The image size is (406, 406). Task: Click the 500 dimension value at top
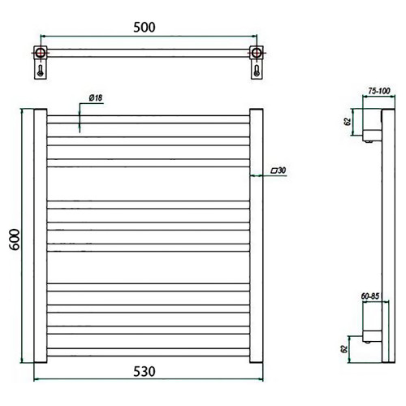pyautogui.click(x=145, y=28)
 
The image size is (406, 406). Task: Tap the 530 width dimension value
pyautogui.click(x=145, y=371)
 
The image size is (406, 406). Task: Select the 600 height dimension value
pyautogui.click(x=15, y=240)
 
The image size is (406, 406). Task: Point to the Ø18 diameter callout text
pyautogui.click(x=96, y=97)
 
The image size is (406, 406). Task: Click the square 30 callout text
pyautogui.click(x=279, y=171)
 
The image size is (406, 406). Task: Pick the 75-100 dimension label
pyautogui.click(x=379, y=91)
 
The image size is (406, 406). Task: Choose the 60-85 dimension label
pyautogui.click(x=370, y=296)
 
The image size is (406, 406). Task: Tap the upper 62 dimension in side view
pyautogui.click(x=348, y=122)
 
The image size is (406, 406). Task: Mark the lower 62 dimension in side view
pyautogui.click(x=344, y=349)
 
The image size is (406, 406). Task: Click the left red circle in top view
pyautogui.click(x=41, y=53)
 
